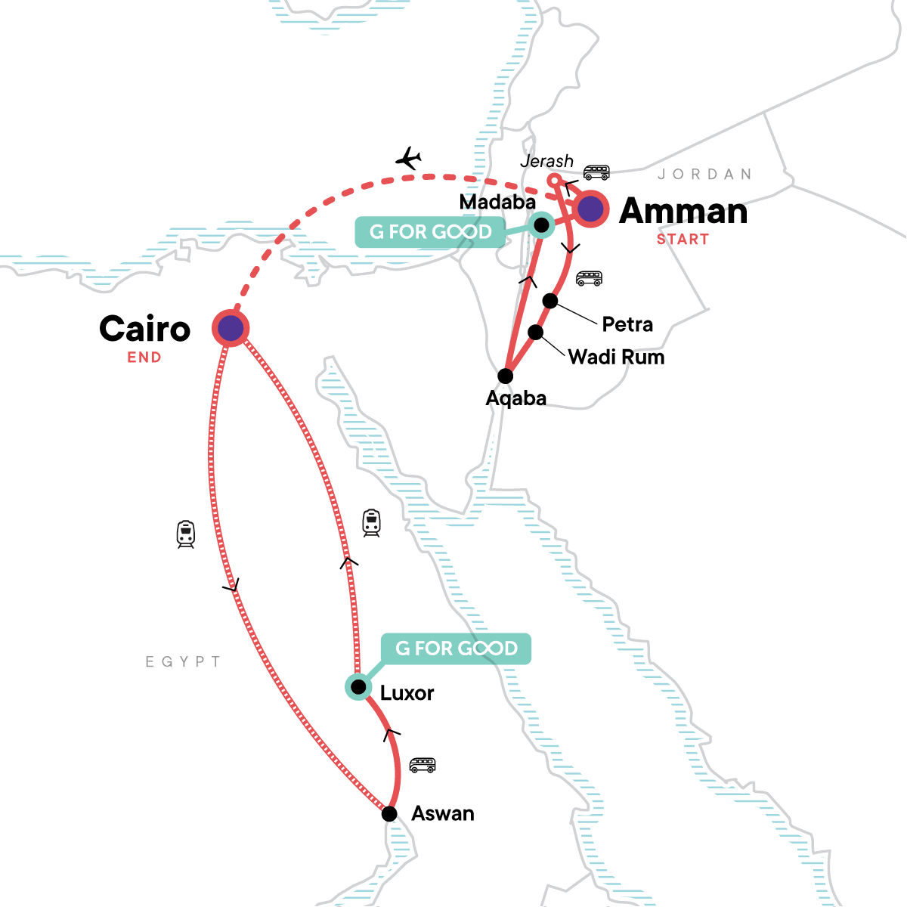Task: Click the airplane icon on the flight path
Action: click(x=408, y=159)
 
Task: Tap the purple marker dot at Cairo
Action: click(x=231, y=328)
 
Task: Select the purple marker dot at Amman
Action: click(x=590, y=209)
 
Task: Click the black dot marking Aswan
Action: click(x=389, y=814)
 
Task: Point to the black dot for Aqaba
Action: click(x=506, y=376)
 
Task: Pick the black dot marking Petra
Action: click(x=550, y=302)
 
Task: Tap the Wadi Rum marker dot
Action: click(x=535, y=333)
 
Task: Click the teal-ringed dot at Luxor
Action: click(x=358, y=687)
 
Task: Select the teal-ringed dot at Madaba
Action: click(x=541, y=225)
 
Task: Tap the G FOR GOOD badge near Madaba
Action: click(x=430, y=232)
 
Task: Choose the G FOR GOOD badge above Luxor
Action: click(x=456, y=649)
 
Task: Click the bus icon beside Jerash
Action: click(x=596, y=172)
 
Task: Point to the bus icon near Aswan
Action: click(x=423, y=765)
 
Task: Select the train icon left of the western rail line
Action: click(x=186, y=534)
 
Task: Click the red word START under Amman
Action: click(x=683, y=240)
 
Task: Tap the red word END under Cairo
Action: click(x=144, y=358)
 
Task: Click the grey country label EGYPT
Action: click(x=184, y=662)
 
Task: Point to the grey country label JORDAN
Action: click(x=704, y=175)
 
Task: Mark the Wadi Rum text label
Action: click(x=616, y=357)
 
